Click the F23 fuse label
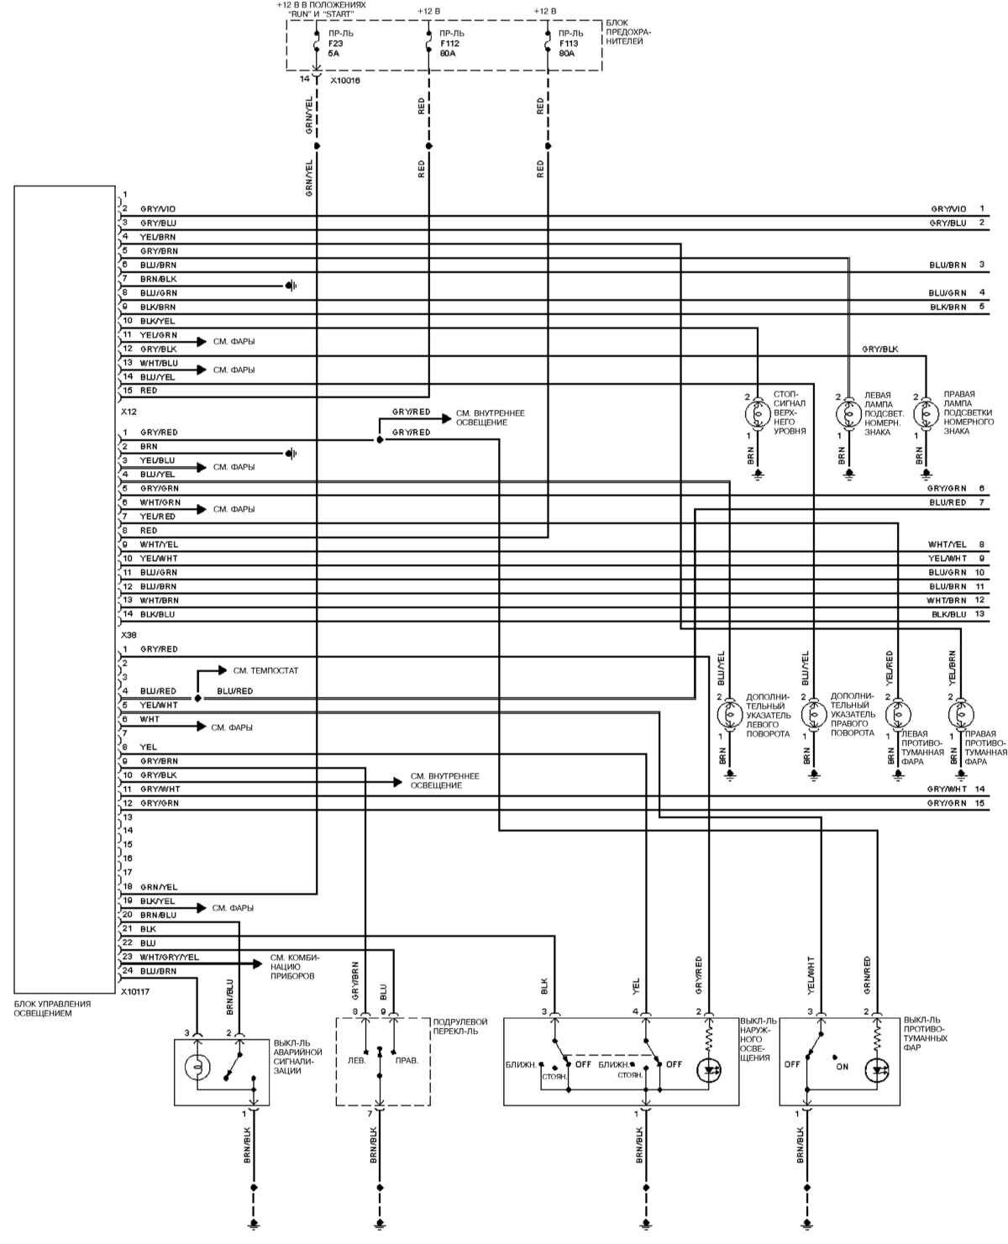335,43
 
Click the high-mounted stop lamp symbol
758,413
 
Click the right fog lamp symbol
961,715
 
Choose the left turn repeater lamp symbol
729,715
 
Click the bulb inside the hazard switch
197,1069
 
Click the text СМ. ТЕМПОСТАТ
265,671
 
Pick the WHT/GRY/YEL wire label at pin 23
170,957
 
